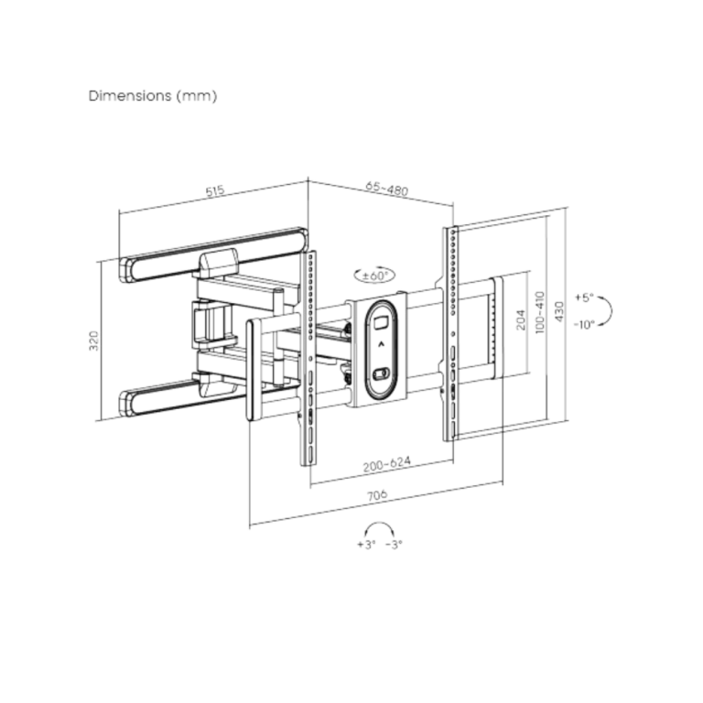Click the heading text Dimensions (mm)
click(153, 96)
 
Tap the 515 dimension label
click(215, 191)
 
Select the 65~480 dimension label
click(387, 189)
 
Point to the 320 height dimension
click(93, 341)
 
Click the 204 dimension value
click(521, 319)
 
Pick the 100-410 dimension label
click(540, 312)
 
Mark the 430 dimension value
click(559, 311)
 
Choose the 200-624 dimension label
click(387, 464)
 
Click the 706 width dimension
click(377, 495)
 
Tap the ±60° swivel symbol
click(374, 275)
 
